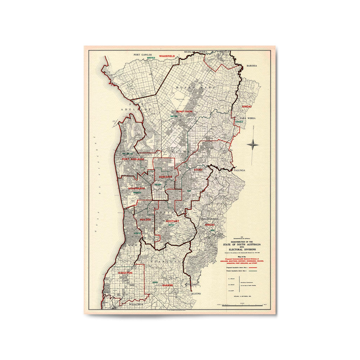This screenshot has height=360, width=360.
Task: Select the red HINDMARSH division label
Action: (x=136, y=188)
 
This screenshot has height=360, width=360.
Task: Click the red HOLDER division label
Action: (x=145, y=220)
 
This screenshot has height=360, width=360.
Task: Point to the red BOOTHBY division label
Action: (x=172, y=221)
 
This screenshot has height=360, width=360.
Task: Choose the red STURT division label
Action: (x=198, y=170)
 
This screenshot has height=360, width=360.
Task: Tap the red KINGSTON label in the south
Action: (x=125, y=273)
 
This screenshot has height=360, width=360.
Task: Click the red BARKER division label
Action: (x=167, y=285)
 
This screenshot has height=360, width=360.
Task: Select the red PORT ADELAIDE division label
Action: (x=133, y=159)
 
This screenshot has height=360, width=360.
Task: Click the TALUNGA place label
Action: (x=240, y=170)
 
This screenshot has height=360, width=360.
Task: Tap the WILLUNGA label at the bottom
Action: (x=136, y=304)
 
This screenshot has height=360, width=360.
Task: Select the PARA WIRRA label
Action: (x=248, y=118)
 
